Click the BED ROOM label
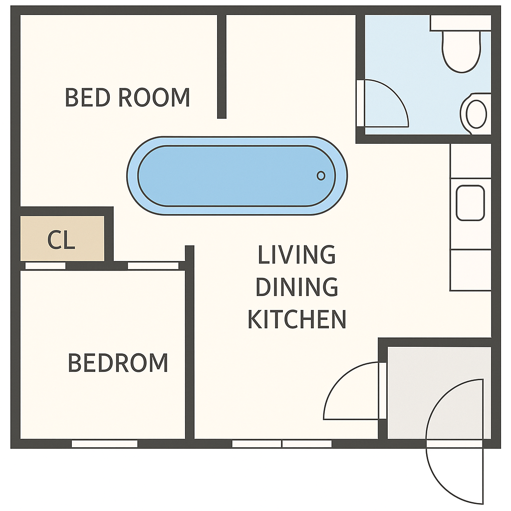click(x=127, y=97)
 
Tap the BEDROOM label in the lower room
click(x=118, y=363)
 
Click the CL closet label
click(x=61, y=240)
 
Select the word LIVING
click(x=296, y=255)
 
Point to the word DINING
click(x=296, y=287)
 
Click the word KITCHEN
click(x=297, y=319)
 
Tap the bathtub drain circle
click(x=321, y=176)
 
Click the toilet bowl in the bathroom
click(x=461, y=51)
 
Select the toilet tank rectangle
click(x=461, y=23)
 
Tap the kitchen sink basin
click(x=470, y=203)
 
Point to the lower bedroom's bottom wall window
click(x=105, y=444)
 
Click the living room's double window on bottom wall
click(x=282, y=444)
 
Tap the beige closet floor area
click(x=62, y=238)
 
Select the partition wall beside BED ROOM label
click(x=222, y=66)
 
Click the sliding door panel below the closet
click(x=45, y=265)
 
